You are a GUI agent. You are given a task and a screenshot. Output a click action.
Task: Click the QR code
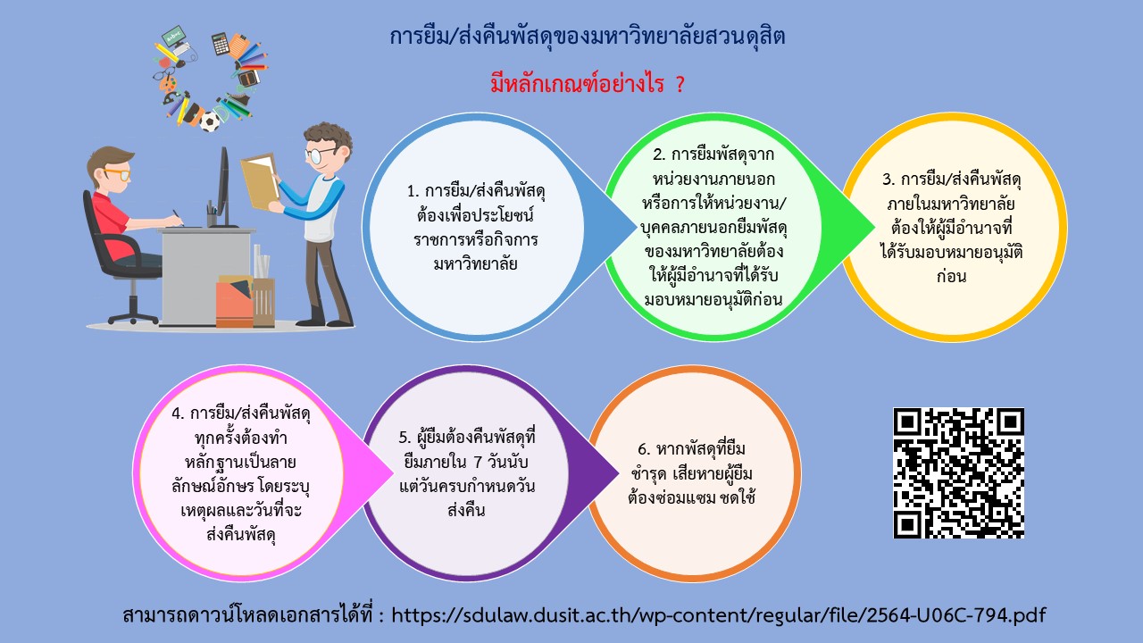point(958,472)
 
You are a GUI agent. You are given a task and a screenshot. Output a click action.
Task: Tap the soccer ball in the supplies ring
point(209,121)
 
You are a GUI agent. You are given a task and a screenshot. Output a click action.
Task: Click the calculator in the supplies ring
point(221,44)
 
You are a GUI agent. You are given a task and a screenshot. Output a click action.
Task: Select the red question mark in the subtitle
point(680,84)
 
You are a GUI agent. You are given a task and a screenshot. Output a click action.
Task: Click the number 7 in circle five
point(478,463)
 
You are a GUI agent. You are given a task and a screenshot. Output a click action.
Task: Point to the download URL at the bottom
point(719,615)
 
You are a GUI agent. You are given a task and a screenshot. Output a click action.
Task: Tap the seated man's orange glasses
point(118,173)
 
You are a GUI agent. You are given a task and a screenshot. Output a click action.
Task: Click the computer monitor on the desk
point(222,188)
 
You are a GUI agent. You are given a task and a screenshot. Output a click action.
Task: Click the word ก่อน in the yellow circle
point(952,276)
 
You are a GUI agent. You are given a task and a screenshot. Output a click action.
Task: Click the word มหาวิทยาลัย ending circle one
point(475,263)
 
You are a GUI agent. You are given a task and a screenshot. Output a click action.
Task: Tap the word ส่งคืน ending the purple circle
point(466,510)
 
